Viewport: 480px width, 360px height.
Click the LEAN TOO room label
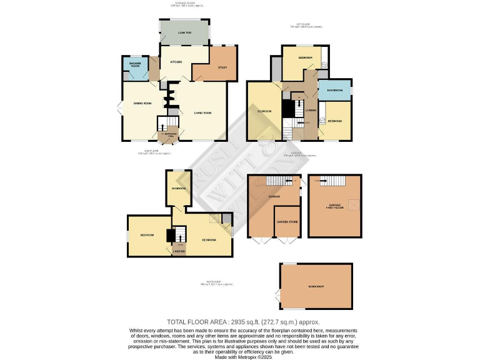(184, 32)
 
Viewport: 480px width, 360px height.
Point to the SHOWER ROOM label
(134, 64)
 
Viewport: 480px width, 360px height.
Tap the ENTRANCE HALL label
(167, 134)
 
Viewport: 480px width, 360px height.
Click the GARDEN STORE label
(287, 221)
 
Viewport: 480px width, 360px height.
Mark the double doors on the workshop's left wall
(277, 293)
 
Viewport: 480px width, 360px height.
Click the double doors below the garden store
(287, 239)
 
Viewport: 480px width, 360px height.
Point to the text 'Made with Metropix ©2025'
(239, 357)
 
